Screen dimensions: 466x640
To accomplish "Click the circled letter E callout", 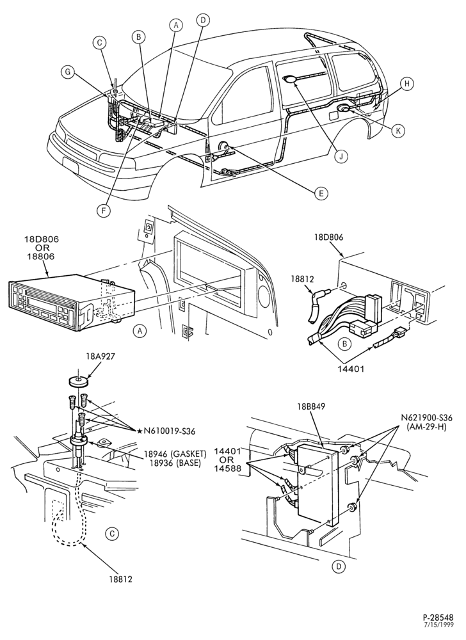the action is [321, 193].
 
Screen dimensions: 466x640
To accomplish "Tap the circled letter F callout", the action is [104, 210].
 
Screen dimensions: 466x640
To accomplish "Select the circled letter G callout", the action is [68, 72].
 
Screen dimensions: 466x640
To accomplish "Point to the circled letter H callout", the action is [406, 84].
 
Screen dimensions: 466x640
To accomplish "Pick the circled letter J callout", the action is [342, 156].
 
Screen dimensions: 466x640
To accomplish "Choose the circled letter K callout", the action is [398, 130].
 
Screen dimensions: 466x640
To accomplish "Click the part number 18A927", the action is [100, 356].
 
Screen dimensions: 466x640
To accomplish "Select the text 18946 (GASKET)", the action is [175, 454].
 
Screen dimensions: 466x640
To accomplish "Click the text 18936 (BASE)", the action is [172, 463].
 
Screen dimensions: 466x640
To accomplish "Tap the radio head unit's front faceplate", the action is [42, 307].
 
